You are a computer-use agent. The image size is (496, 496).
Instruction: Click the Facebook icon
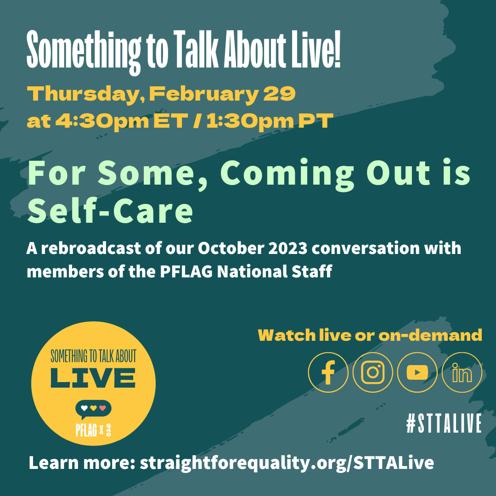tap(328, 372)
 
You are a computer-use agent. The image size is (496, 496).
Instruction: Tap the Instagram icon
tap(372, 372)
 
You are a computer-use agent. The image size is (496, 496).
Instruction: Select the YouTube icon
tap(417, 372)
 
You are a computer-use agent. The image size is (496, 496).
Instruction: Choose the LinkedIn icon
tap(462, 372)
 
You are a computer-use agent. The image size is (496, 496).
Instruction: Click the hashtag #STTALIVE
tap(444, 423)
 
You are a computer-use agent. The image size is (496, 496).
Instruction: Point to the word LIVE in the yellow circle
tap(93, 378)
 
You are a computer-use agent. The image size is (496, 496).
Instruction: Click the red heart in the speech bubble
tap(102, 408)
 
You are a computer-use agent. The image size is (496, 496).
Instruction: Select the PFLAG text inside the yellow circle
tap(86, 429)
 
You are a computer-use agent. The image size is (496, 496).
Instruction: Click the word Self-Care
tap(110, 211)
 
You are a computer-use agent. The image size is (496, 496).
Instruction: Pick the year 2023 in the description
tap(287, 248)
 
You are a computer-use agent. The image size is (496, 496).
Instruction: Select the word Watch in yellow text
tap(287, 335)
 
